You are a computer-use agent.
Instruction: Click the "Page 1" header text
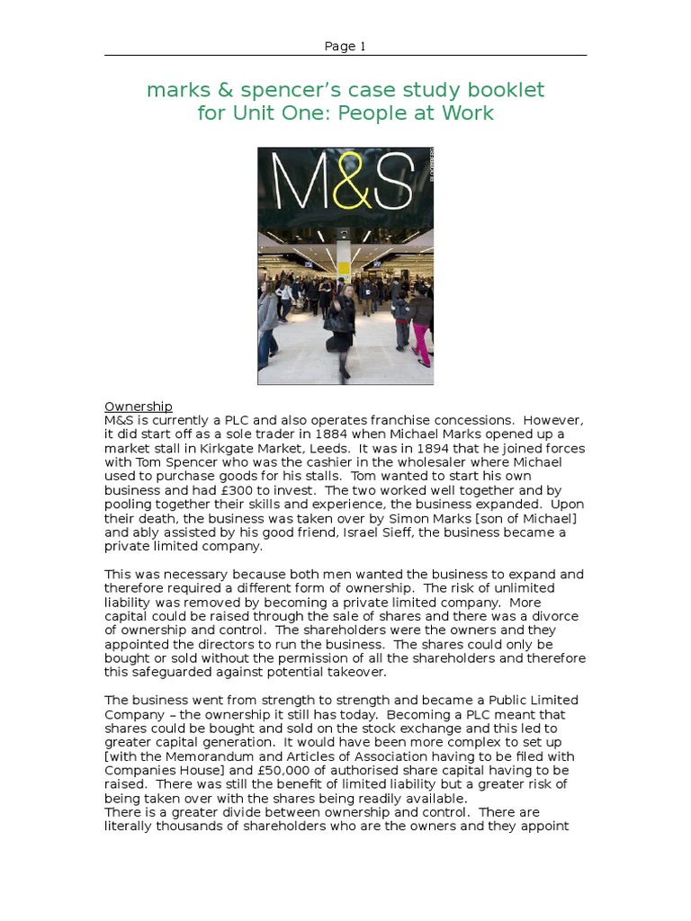[x=345, y=47]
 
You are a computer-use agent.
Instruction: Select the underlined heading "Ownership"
[x=139, y=407]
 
